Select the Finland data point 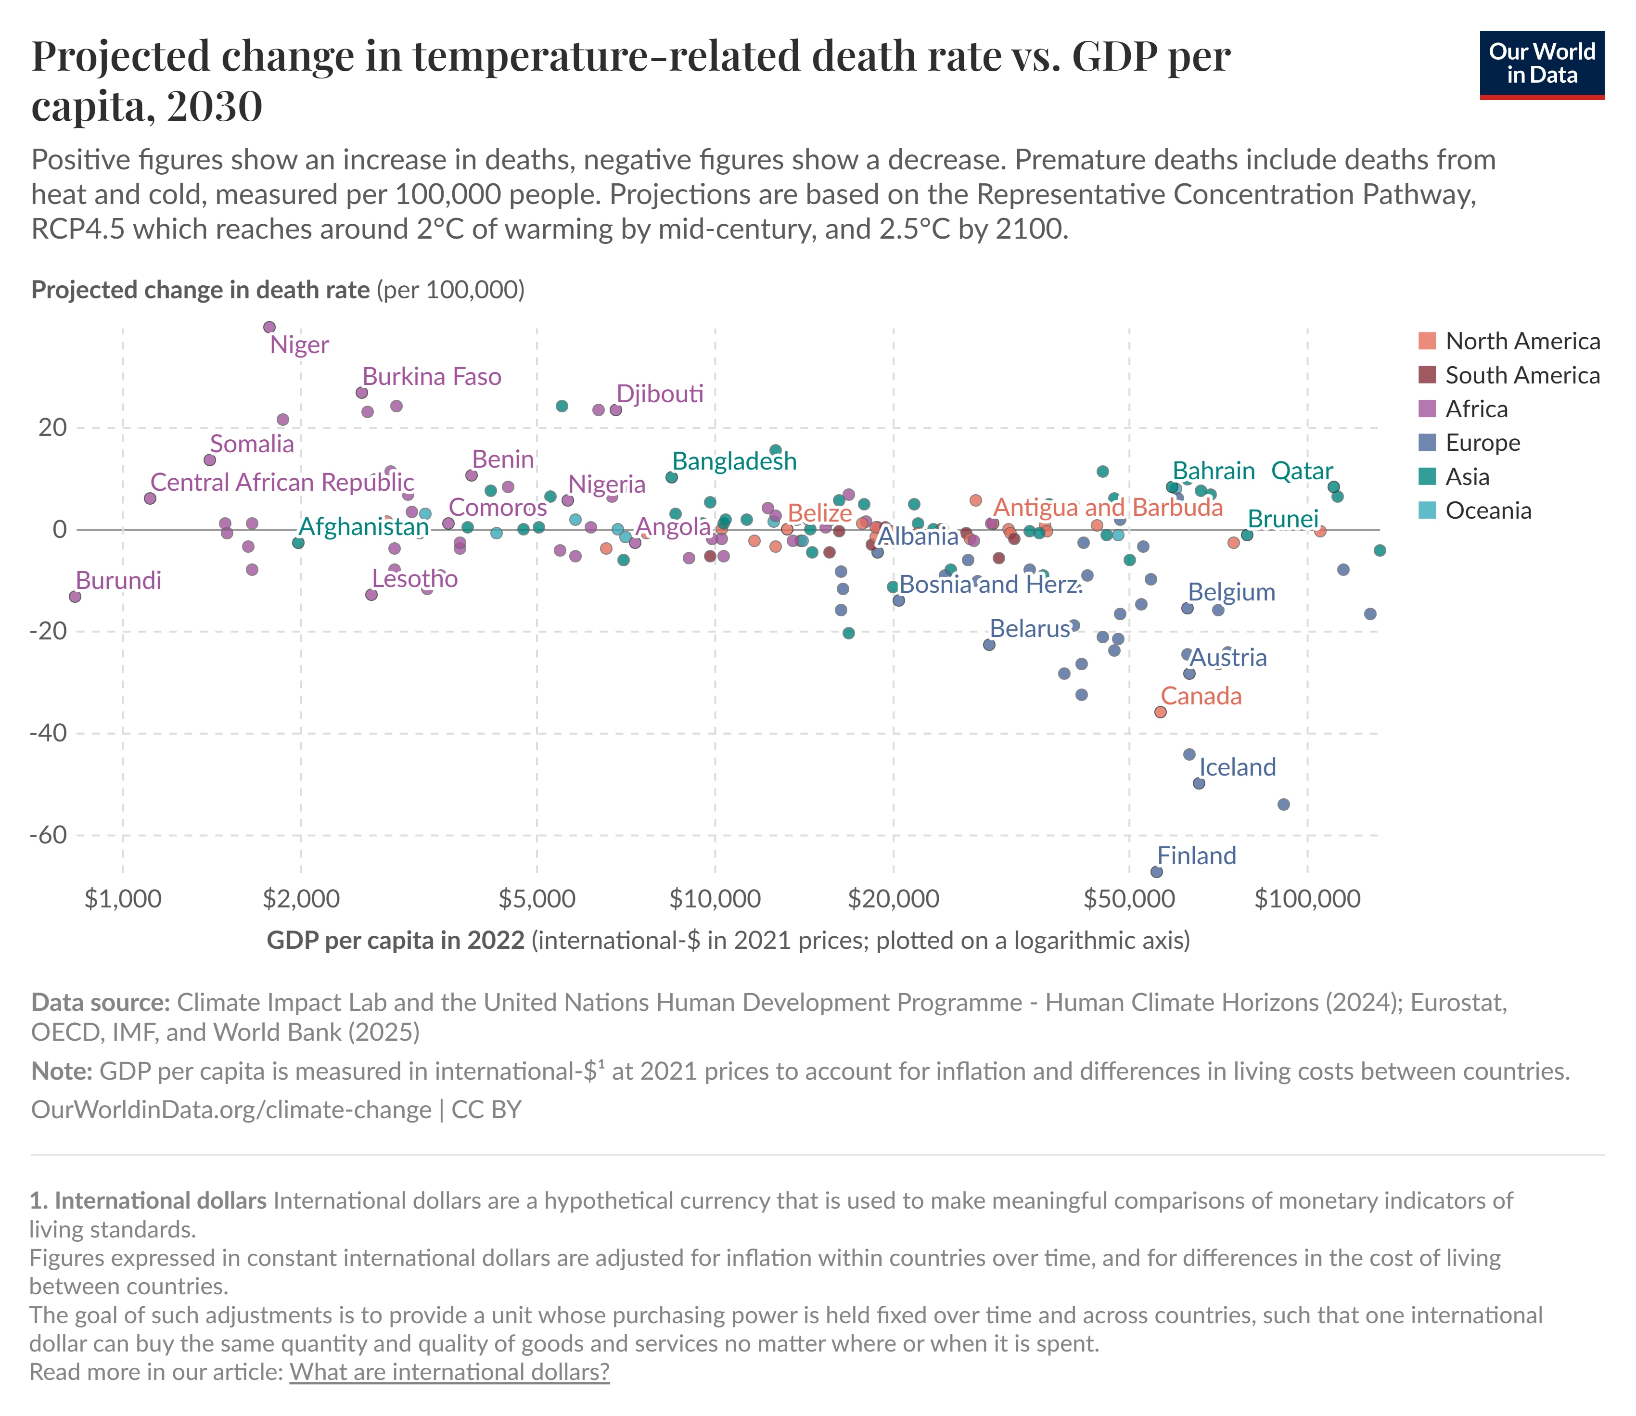click(1156, 871)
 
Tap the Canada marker click(1160, 712)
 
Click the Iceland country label click(1237, 767)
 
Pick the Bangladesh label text click(734, 461)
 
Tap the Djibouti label click(659, 394)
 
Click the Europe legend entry click(1482, 443)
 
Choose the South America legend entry click(1521, 375)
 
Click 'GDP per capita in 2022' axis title click(395, 940)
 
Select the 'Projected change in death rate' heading click(200, 290)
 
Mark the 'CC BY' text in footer click(487, 1110)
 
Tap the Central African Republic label click(281, 482)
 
